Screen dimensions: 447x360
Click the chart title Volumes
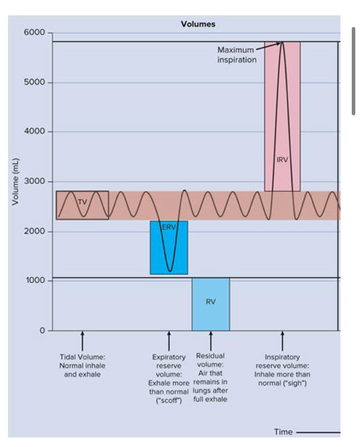tap(198, 24)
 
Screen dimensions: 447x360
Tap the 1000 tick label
tap(35, 281)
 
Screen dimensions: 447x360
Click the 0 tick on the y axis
tap(42, 331)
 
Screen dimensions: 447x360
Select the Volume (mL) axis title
tap(16, 182)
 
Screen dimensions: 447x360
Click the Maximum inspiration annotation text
tap(236, 55)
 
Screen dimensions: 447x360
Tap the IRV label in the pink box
tap(282, 159)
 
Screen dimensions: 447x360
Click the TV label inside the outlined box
tap(82, 202)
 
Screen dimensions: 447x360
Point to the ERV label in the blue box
tap(168, 228)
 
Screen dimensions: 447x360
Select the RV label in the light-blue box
tap(211, 302)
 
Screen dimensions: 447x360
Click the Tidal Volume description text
tap(82, 365)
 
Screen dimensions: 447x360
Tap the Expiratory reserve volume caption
tap(169, 378)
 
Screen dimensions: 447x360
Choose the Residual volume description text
tap(210, 378)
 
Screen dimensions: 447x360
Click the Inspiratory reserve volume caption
tap(282, 370)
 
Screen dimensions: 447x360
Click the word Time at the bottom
tap(283, 432)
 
